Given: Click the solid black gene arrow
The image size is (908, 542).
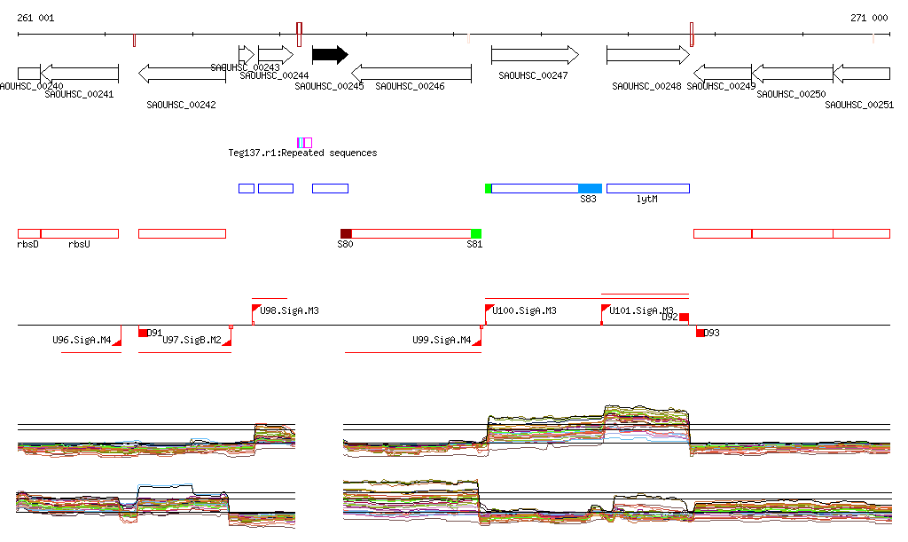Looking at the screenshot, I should tap(329, 55).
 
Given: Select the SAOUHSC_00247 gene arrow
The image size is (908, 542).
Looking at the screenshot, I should tap(535, 55).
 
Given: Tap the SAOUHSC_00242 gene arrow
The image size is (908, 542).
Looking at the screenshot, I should tap(182, 73).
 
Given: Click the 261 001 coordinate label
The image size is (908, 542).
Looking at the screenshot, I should tap(35, 18).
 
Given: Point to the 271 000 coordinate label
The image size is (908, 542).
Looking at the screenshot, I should tap(869, 18).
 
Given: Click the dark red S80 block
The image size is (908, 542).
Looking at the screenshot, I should tap(346, 233).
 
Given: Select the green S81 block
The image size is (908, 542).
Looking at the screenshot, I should tap(476, 233).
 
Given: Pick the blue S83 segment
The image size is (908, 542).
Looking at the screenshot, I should tap(590, 188).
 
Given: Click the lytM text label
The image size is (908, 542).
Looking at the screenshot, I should tap(647, 200).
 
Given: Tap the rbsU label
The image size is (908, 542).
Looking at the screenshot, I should tap(79, 244).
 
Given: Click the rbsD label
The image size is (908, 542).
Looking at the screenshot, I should tap(28, 244).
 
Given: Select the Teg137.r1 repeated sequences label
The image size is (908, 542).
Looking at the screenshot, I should tap(302, 153).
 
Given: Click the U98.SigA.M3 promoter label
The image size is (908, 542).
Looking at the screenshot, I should tap(289, 311).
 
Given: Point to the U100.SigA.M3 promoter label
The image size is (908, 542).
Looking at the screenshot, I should tap(525, 311).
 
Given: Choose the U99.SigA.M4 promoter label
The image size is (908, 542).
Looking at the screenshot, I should tap(442, 340).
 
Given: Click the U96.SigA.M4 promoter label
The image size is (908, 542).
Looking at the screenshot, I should tap(82, 340).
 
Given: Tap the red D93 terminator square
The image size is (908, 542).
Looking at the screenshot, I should tap(701, 333).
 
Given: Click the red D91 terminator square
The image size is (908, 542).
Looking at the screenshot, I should tap(143, 333).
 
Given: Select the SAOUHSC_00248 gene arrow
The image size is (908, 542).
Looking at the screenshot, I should tap(647, 55).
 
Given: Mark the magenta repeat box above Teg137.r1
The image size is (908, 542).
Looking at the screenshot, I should tap(304, 143).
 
